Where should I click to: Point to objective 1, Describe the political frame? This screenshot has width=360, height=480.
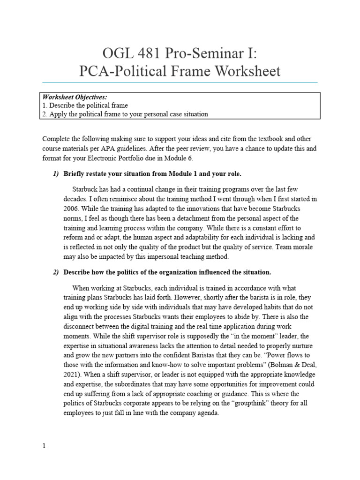(x=85, y=105)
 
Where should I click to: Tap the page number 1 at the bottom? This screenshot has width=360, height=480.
(x=44, y=447)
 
